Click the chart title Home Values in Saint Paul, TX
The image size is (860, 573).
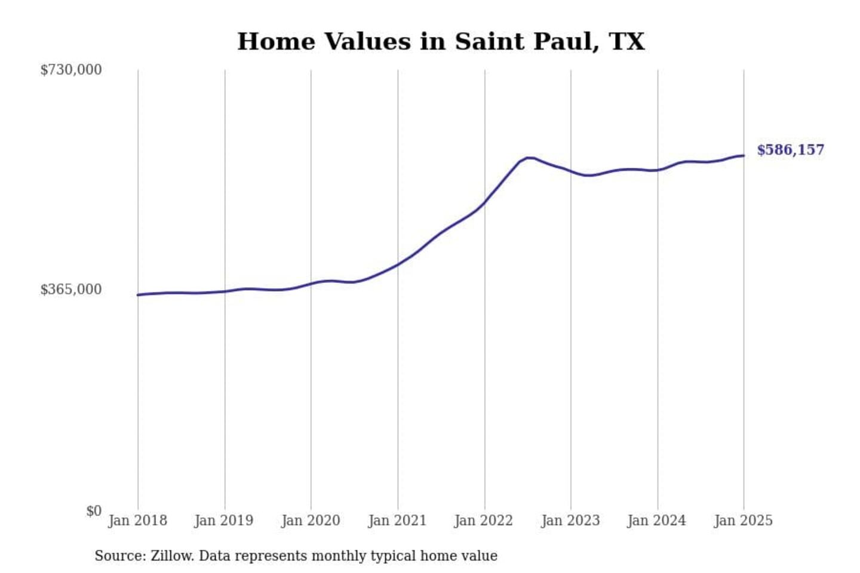[x=441, y=42]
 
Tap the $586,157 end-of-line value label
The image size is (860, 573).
[x=790, y=150]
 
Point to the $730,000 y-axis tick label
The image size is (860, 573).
[x=71, y=70]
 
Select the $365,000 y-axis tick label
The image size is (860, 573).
[x=71, y=289]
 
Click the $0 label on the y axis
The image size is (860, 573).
[x=94, y=511]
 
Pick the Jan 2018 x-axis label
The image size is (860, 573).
[x=137, y=520]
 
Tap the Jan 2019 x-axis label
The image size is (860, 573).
[x=224, y=520]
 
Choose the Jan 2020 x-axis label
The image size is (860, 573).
[x=311, y=520]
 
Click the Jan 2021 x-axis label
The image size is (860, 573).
[x=397, y=520]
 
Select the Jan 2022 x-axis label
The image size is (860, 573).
[x=484, y=520]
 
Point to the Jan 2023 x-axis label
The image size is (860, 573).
[x=570, y=520]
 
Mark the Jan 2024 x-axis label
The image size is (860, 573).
[x=657, y=520]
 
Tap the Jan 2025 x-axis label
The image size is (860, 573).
[x=744, y=520]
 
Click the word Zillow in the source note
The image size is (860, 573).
[x=172, y=556]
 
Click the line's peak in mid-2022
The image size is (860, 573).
[x=529, y=158]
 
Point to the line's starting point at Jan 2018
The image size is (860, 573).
[x=138, y=295]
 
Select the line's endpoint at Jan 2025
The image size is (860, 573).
[x=744, y=156]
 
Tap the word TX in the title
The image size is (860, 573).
[x=626, y=42]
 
